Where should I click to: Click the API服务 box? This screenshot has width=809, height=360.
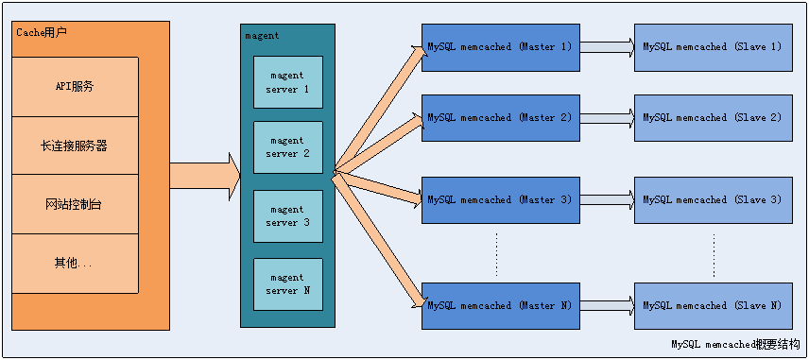click(75, 87)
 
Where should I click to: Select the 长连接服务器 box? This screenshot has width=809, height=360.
click(75, 146)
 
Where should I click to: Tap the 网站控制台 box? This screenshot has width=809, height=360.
click(75, 204)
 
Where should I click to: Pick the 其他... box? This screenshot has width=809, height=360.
click(75, 263)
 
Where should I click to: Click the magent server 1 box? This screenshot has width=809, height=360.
click(288, 82)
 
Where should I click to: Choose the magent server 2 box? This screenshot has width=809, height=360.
click(288, 147)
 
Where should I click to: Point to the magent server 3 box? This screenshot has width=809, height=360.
click(288, 216)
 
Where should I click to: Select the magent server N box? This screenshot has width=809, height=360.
click(288, 284)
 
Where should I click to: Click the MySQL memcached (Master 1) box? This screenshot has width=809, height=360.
click(499, 46)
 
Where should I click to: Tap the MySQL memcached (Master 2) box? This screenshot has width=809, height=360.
click(499, 117)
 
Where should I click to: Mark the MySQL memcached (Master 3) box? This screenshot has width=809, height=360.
click(499, 199)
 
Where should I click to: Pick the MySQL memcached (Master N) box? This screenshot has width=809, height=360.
click(499, 305)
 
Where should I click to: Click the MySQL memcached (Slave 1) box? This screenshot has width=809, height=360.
click(711, 46)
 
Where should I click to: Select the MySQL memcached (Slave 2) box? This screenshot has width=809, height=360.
click(711, 117)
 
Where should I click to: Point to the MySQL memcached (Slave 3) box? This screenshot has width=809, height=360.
click(711, 199)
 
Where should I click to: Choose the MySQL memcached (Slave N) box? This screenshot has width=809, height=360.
click(711, 305)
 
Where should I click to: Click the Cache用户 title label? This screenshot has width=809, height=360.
click(43, 33)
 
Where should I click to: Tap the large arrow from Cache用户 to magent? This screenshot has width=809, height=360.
click(204, 176)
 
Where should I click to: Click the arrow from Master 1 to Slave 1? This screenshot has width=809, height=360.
click(606, 46)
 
